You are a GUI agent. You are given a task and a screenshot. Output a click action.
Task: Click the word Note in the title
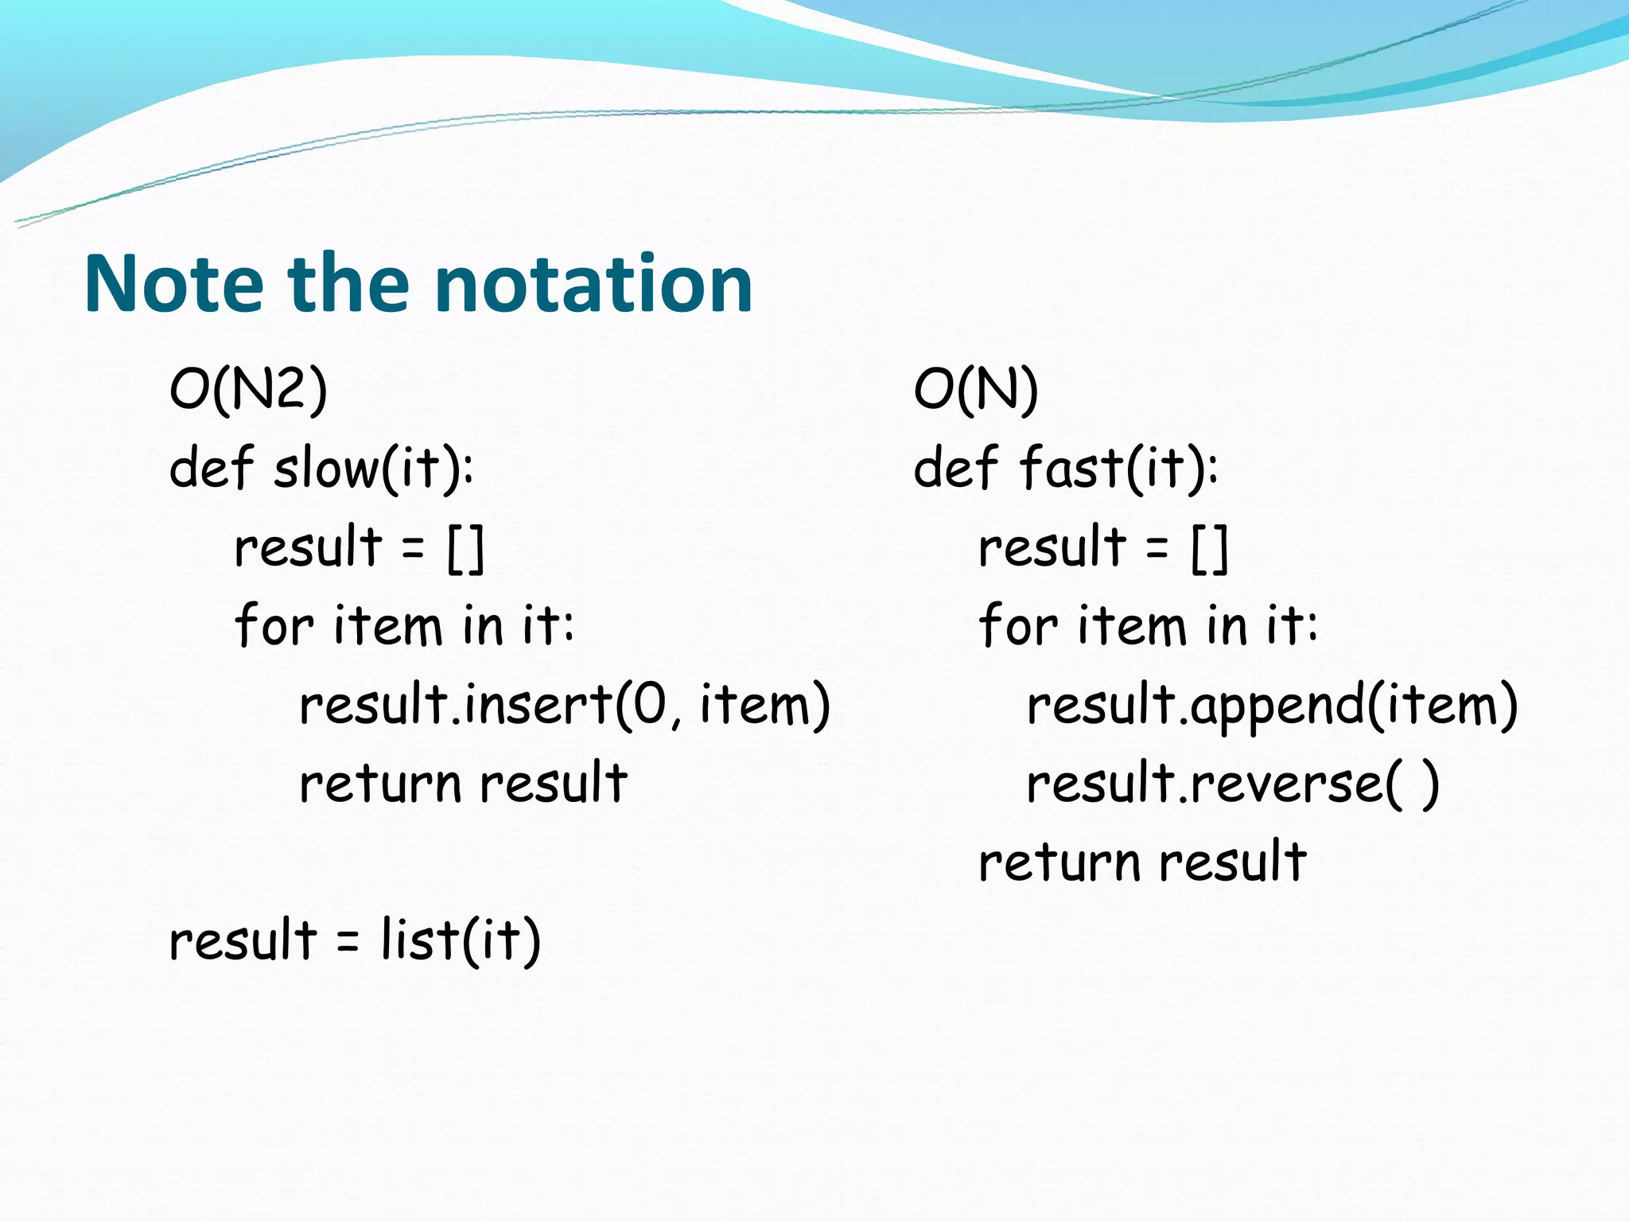tap(173, 284)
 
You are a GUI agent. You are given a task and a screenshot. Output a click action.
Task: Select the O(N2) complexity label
tap(248, 390)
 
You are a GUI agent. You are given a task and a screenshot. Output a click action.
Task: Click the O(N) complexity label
tap(976, 390)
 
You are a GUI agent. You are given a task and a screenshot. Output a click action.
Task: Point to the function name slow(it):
tap(374, 469)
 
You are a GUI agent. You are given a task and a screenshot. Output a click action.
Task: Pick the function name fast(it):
tap(1118, 469)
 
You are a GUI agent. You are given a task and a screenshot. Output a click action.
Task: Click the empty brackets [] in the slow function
tap(465, 549)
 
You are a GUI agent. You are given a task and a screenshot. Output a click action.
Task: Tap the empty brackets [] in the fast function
tap(1210, 549)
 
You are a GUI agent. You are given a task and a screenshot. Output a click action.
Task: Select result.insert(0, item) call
tap(565, 706)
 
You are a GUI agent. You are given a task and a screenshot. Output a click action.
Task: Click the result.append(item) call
tap(1272, 706)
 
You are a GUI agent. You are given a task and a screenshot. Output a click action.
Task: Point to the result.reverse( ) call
tap(1232, 784)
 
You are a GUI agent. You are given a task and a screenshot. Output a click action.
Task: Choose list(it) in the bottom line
tap(461, 940)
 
